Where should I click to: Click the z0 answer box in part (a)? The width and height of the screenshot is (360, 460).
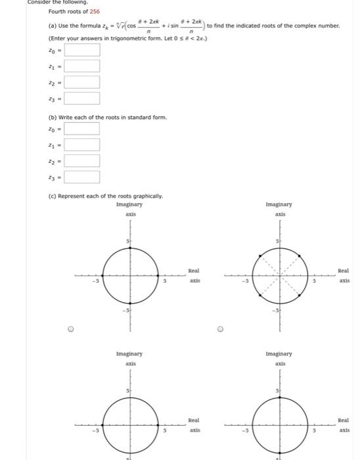click(x=81, y=50)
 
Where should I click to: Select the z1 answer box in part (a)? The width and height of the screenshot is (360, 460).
click(x=81, y=66)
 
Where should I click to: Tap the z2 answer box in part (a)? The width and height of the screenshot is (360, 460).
click(x=81, y=82)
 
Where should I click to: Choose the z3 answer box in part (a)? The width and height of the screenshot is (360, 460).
click(x=81, y=99)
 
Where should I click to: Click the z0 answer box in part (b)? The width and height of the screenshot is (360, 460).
click(x=81, y=128)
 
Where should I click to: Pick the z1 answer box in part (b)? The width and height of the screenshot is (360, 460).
click(x=81, y=145)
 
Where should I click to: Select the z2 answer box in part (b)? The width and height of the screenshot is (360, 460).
click(x=81, y=160)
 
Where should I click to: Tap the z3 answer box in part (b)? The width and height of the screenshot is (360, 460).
click(x=81, y=177)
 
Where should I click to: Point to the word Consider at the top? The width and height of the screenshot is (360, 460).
click(x=41, y=2)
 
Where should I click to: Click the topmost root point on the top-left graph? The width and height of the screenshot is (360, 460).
click(x=130, y=248)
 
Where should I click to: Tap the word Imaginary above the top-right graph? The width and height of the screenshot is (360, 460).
click(x=280, y=204)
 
